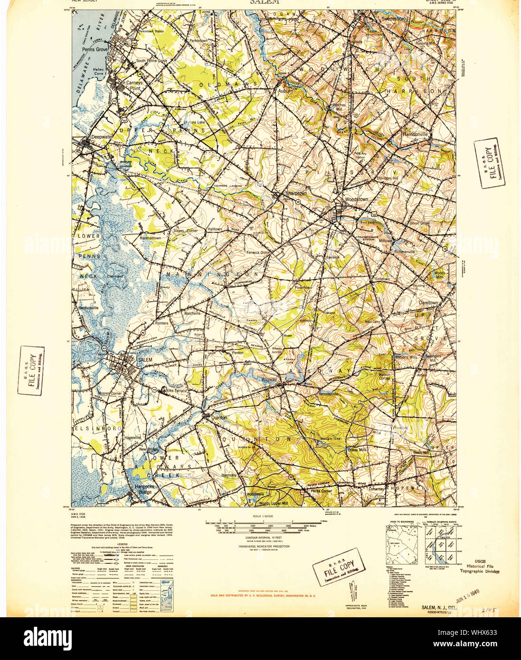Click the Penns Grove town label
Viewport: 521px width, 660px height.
(x=95, y=49)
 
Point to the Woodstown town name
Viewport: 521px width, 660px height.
(x=356, y=199)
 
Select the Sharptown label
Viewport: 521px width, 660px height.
(x=296, y=194)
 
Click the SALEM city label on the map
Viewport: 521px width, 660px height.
(x=145, y=360)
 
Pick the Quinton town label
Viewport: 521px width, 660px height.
(x=219, y=417)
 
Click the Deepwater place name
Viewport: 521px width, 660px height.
(x=102, y=136)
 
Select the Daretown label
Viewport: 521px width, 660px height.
(x=428, y=302)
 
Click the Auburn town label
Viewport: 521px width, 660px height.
(x=285, y=90)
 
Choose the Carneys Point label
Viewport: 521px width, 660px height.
(x=134, y=85)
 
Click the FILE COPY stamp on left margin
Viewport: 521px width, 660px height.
(x=32, y=371)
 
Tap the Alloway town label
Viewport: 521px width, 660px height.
(x=269, y=380)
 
